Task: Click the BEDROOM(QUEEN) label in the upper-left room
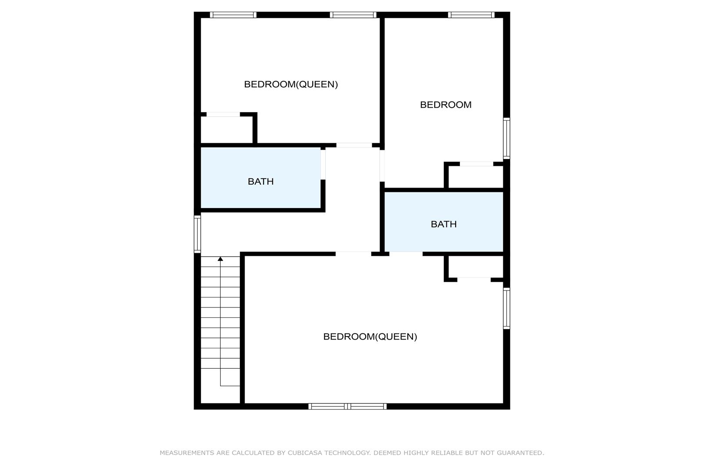pos(291,84)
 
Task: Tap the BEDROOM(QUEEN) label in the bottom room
pos(370,337)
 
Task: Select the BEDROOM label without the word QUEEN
pos(446,105)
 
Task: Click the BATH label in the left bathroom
pos(261,182)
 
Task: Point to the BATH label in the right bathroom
pos(443,224)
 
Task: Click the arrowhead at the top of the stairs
pos(220,259)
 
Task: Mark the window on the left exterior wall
pos(197,234)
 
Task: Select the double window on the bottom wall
pos(347,406)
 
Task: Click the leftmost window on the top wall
pos(233,15)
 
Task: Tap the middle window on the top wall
pos(353,15)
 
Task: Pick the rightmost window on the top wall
pos(471,15)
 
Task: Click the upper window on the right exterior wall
pos(506,138)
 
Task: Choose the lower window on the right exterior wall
pos(506,308)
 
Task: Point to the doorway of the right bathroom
pos(406,253)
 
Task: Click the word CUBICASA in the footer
pos(305,453)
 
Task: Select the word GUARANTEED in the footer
pos(520,453)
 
